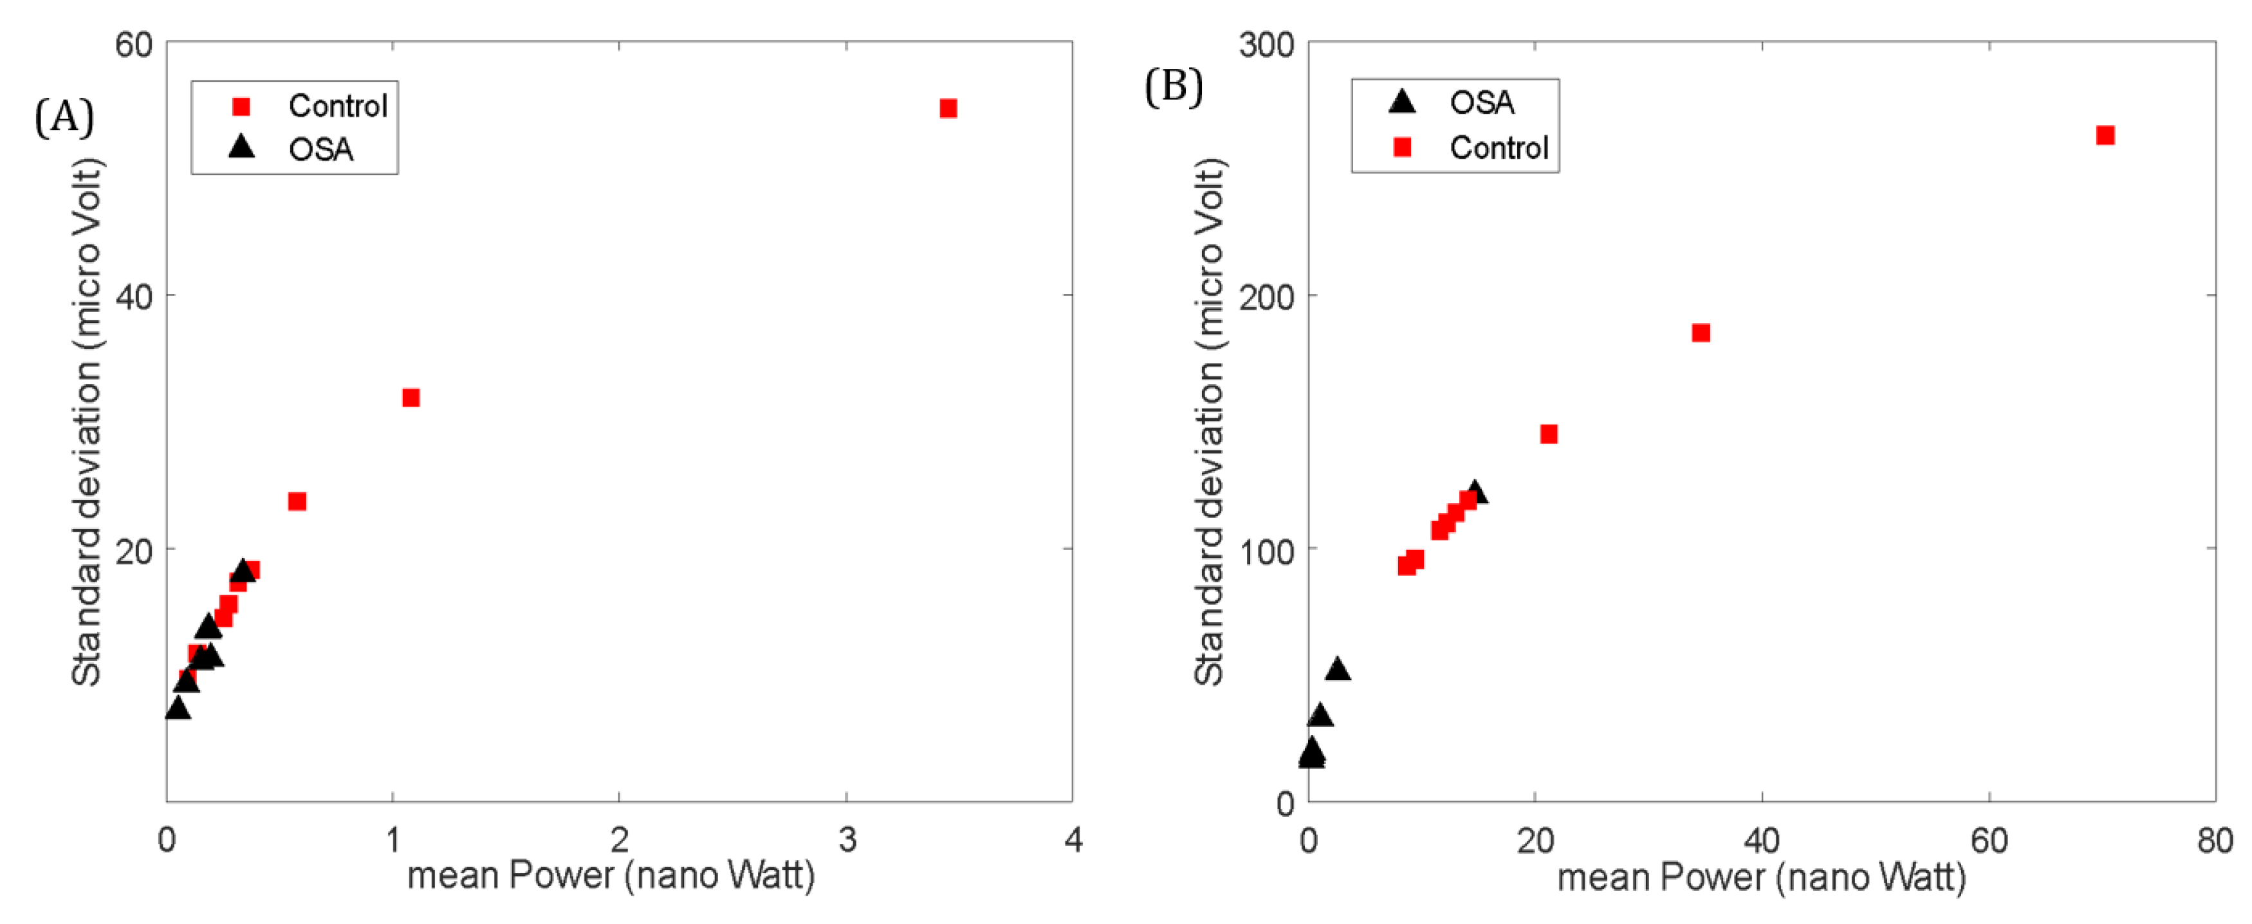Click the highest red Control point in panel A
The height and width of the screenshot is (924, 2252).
coord(948,108)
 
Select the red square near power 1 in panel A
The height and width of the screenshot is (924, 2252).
coord(411,398)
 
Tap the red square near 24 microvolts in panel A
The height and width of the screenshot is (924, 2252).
coord(297,501)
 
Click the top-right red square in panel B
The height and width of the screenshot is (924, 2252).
coord(2105,136)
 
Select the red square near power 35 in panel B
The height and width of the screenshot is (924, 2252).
coord(1701,333)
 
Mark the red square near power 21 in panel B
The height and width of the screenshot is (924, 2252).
coord(1548,434)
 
